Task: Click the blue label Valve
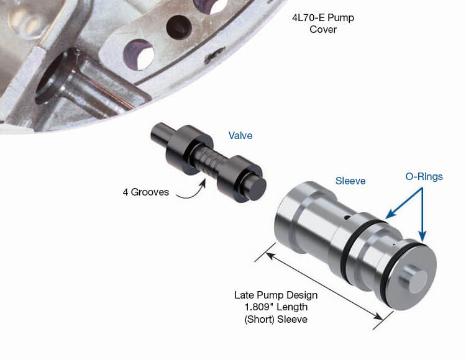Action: [x=240, y=135]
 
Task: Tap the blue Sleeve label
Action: [x=350, y=181]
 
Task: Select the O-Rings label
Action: [x=424, y=177]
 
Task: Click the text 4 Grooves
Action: [x=145, y=192]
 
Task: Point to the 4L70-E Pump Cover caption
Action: [x=323, y=24]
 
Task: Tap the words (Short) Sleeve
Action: [x=276, y=319]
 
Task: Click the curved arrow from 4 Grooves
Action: [x=192, y=192]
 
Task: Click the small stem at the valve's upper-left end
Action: [x=161, y=134]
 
